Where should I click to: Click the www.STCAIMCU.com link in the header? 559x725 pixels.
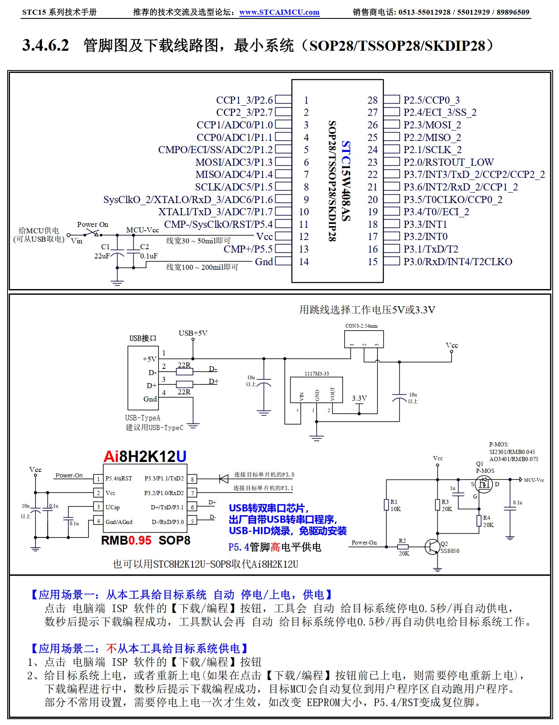tap(279, 12)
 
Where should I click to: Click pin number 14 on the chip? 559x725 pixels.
tap(304, 262)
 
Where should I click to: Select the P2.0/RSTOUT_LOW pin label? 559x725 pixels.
tap(448, 162)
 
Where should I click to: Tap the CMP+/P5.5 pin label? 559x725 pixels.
tap(248, 249)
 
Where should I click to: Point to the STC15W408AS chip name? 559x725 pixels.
tap(345, 180)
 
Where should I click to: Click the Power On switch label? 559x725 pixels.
tap(93, 224)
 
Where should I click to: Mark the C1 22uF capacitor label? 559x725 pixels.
tap(103, 251)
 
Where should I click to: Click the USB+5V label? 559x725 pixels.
tap(193, 333)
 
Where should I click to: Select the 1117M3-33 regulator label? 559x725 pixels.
tap(317, 373)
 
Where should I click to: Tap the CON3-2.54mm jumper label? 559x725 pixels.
tap(361, 326)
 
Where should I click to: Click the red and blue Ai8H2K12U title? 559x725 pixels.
tap(145, 456)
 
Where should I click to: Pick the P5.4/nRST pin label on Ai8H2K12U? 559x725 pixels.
tap(119, 478)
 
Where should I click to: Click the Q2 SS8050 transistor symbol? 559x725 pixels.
tap(432, 546)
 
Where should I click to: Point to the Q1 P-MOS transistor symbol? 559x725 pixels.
tap(484, 485)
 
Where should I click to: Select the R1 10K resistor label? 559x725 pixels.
tap(395, 506)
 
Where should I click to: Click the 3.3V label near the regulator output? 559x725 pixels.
tap(359, 398)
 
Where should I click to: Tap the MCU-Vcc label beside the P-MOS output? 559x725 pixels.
tap(534, 480)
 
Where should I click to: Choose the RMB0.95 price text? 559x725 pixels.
tap(126, 540)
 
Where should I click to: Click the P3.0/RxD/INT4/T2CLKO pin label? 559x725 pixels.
tap(458, 262)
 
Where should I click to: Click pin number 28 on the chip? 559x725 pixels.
tap(372, 100)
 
